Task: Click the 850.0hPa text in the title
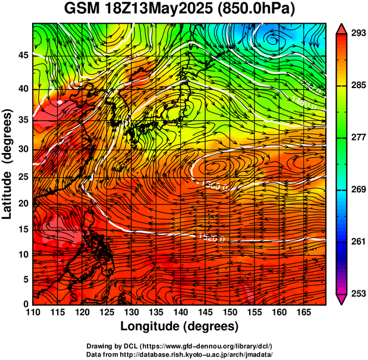pyautogui.click(x=259, y=10)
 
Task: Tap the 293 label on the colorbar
pyautogui.click(x=357, y=34)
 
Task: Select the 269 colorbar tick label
pyautogui.click(x=357, y=190)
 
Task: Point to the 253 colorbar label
pyautogui.click(x=357, y=293)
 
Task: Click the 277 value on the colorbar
pyautogui.click(x=357, y=137)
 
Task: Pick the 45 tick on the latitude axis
pyautogui.click(x=24, y=55)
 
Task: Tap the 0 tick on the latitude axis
pyautogui.click(x=27, y=304)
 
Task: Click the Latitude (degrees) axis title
pyautogui.click(x=8, y=164)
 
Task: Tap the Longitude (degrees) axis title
pyautogui.click(x=180, y=326)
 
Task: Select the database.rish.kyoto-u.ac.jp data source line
pyautogui.click(x=180, y=353)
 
